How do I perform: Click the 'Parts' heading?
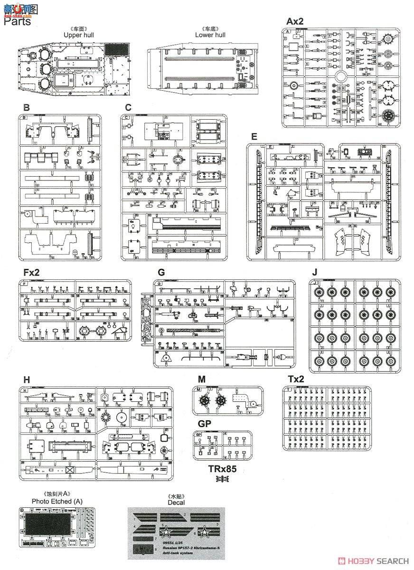19,21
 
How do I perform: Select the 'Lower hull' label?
210,35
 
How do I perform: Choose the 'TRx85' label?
222,469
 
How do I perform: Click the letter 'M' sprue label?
202,379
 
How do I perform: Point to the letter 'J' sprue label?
313,272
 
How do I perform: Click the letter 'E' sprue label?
254,136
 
